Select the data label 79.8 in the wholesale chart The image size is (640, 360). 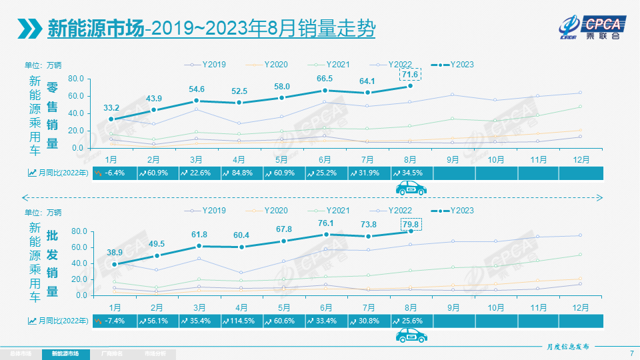pos(411,223)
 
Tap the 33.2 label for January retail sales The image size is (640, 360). pos(111,107)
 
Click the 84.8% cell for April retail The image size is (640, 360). pos(241,173)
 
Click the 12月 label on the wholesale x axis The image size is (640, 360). pos(581,307)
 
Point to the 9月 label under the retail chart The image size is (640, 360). pos(453,161)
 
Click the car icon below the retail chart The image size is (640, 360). pos(411,189)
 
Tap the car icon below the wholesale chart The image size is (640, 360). pos(411,335)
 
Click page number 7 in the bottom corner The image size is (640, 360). pos(631,353)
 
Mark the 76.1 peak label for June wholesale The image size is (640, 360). pos(326,223)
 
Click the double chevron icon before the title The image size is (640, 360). pos(30,29)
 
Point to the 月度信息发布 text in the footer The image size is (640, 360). pos(563,347)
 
